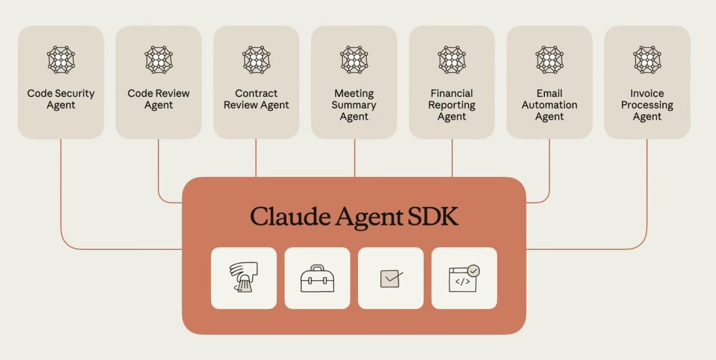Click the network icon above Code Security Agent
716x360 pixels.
pyautogui.click(x=61, y=60)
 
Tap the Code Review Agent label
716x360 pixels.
pyautogui.click(x=158, y=99)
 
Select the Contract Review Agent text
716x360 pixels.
pyautogui.click(x=257, y=99)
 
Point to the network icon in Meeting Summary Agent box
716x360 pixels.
pyautogui.click(x=354, y=60)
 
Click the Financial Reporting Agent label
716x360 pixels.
pyautogui.click(x=451, y=105)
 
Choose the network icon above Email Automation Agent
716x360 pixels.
pyautogui.click(x=550, y=60)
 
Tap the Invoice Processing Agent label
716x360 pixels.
pyautogui.click(x=647, y=105)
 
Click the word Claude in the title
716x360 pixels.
pyautogui.click(x=289, y=217)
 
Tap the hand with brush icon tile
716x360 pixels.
pyautogui.click(x=243, y=278)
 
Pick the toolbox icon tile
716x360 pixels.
pyautogui.click(x=317, y=278)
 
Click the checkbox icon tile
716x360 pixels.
pyautogui.click(x=390, y=278)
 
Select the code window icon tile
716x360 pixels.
pyautogui.click(x=464, y=278)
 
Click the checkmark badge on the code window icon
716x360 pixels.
pyautogui.click(x=473, y=270)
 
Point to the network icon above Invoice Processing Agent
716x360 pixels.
pyautogui.click(x=647, y=60)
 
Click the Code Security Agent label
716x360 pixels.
pyautogui.click(x=61, y=99)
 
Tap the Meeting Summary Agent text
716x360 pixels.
pyautogui.click(x=354, y=105)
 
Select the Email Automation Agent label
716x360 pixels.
pyautogui.click(x=550, y=105)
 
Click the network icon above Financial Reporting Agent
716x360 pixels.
pyautogui.click(x=451, y=60)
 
